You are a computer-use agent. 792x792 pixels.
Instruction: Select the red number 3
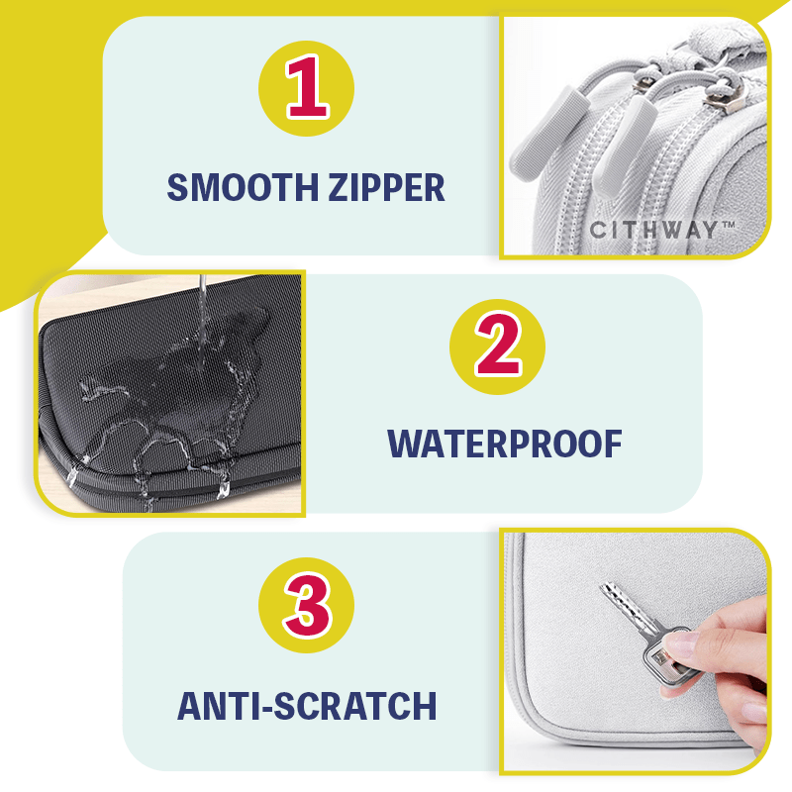tap(308, 606)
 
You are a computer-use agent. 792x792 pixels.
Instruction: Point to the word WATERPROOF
tap(505, 444)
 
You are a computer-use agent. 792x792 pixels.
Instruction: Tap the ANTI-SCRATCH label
tap(307, 706)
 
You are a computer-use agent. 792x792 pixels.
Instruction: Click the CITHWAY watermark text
tap(653, 230)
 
